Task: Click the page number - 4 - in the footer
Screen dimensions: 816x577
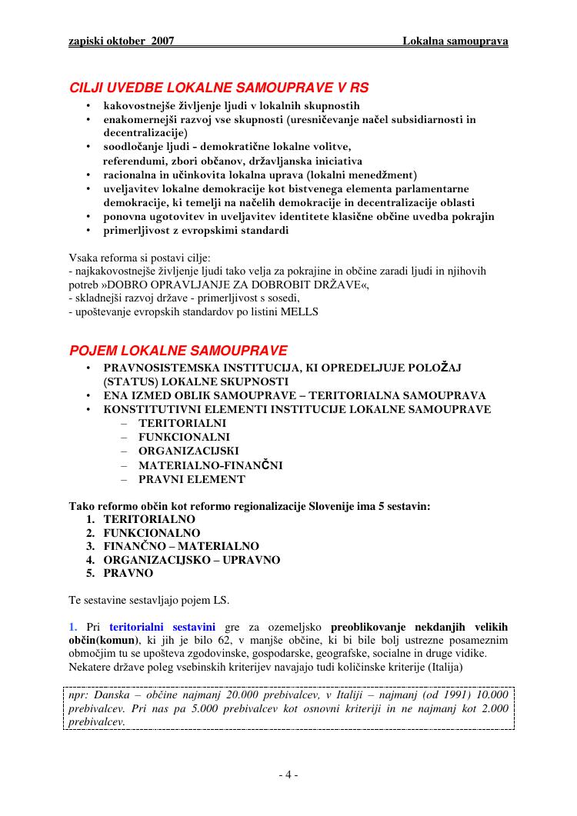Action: pyautogui.click(x=288, y=775)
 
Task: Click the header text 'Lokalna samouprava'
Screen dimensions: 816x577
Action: pyautogui.click(x=455, y=41)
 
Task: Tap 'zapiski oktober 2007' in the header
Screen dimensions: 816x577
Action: pyautogui.click(x=121, y=41)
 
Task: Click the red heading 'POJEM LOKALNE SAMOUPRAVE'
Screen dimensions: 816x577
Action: pyautogui.click(x=178, y=351)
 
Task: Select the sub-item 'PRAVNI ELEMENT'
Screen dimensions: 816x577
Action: pyautogui.click(x=192, y=479)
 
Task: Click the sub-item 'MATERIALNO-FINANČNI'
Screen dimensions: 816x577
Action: pyautogui.click(x=210, y=465)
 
